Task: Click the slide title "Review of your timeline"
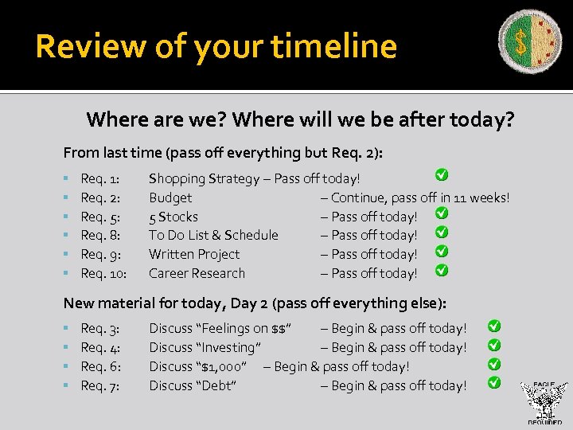[x=216, y=46]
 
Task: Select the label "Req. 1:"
[x=101, y=178]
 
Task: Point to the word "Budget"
[x=170, y=197]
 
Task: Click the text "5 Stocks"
[x=173, y=217]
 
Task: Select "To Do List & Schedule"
[x=213, y=235]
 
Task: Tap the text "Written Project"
[x=194, y=254]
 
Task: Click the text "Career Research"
[x=197, y=273]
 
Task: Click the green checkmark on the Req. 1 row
[x=441, y=174]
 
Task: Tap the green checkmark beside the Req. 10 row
[x=442, y=270]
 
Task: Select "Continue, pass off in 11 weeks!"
[x=420, y=197]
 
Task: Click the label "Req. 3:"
[x=101, y=328]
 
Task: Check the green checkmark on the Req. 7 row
[x=494, y=382]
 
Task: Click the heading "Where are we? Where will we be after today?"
[x=300, y=120]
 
